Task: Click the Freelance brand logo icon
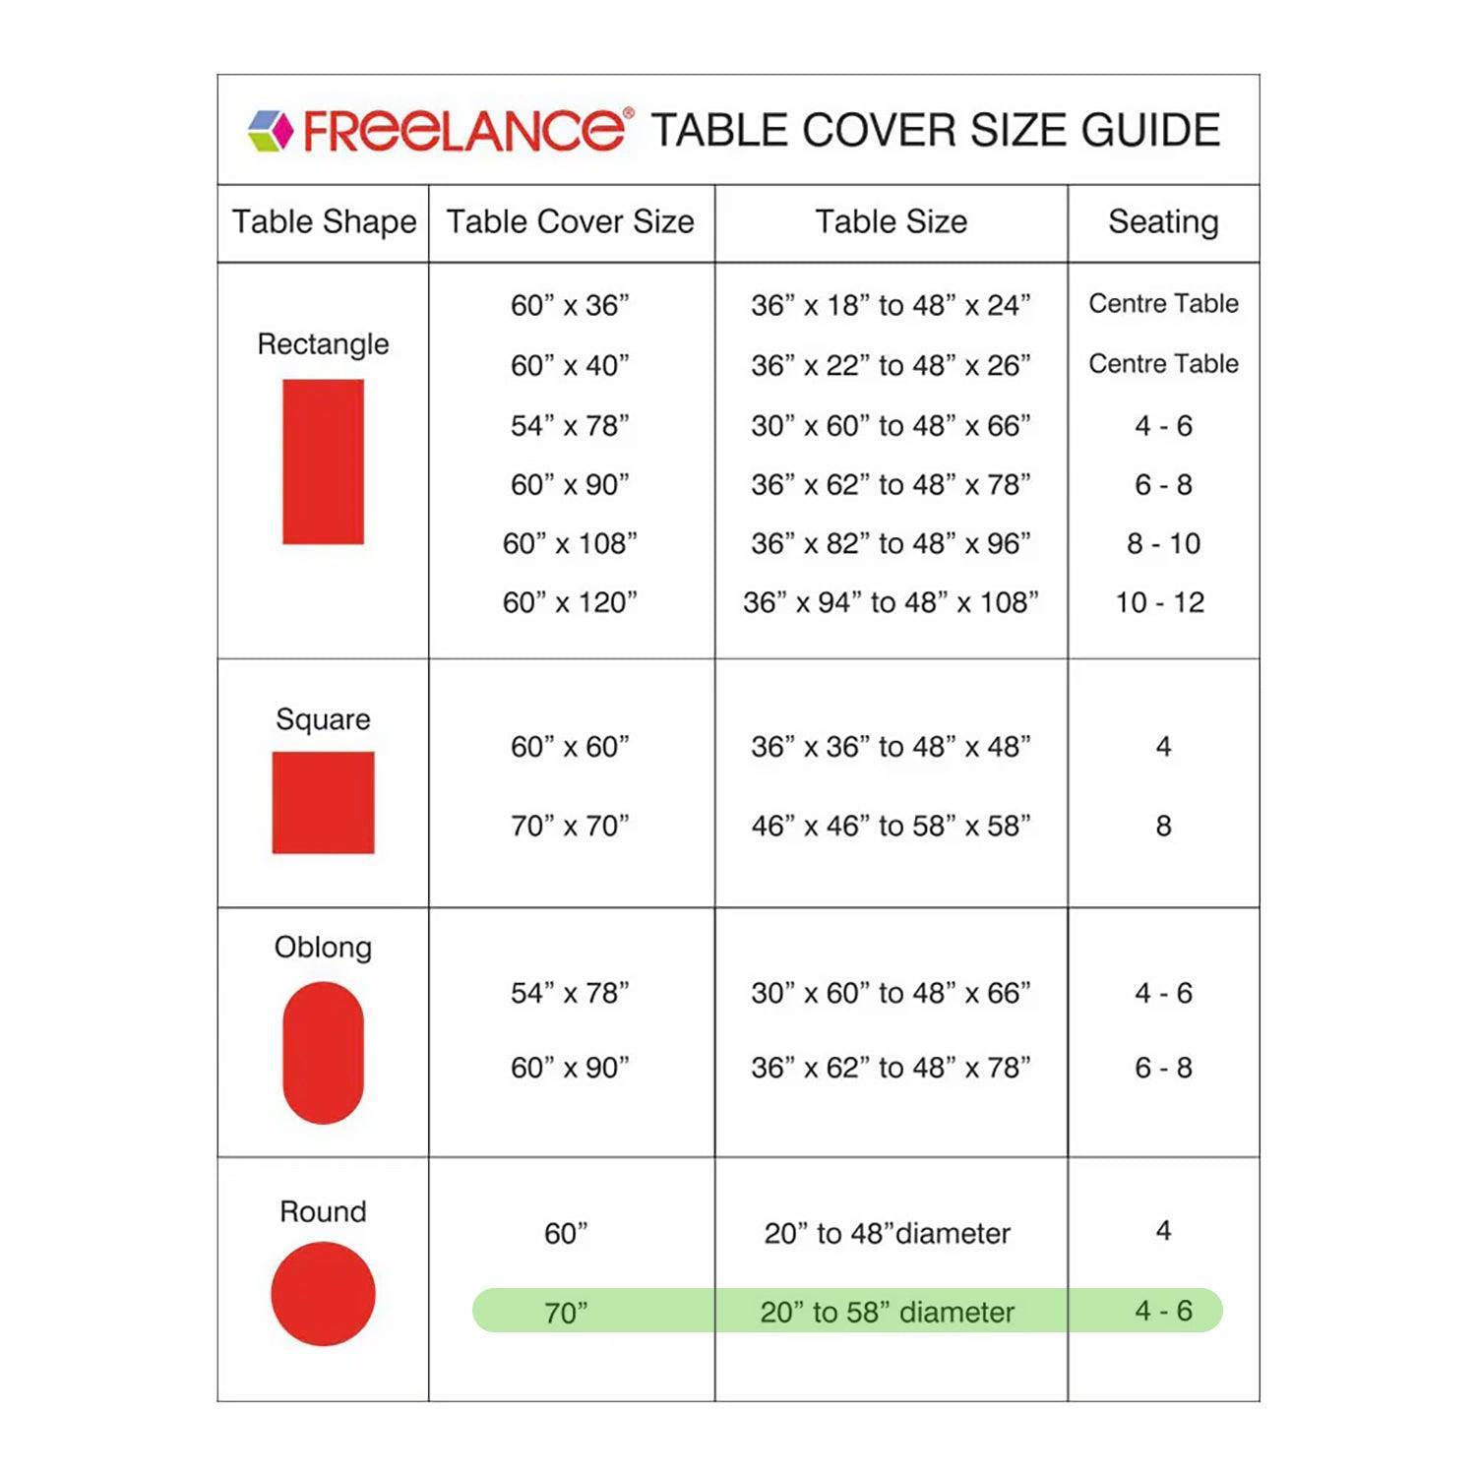coord(271,131)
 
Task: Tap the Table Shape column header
coord(324,222)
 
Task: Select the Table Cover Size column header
coord(571,222)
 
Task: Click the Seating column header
coord(1163,222)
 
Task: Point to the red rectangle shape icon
coord(323,461)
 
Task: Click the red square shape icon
coord(323,803)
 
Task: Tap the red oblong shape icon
coord(323,1052)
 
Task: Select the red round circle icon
coord(323,1294)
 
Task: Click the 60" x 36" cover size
coord(570,306)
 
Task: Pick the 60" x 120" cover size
coord(570,602)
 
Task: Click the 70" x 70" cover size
coord(570,826)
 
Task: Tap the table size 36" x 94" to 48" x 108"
coord(891,602)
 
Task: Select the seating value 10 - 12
coord(1160,602)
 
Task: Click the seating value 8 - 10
coord(1163,543)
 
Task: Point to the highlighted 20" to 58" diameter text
coord(887,1312)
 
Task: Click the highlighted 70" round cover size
coord(566,1313)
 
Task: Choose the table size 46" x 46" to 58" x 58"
coord(891,826)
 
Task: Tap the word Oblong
coord(323,948)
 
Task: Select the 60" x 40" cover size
coord(570,366)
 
